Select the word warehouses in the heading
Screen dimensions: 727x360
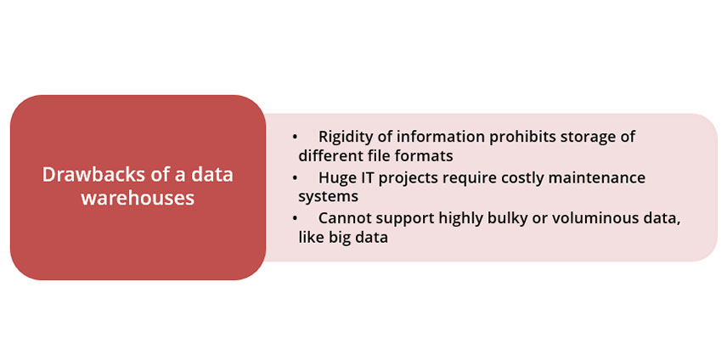click(138, 198)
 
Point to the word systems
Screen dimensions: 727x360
click(329, 197)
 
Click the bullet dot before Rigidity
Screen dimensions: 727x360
click(295, 138)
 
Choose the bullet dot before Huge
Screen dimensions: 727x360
click(295, 178)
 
